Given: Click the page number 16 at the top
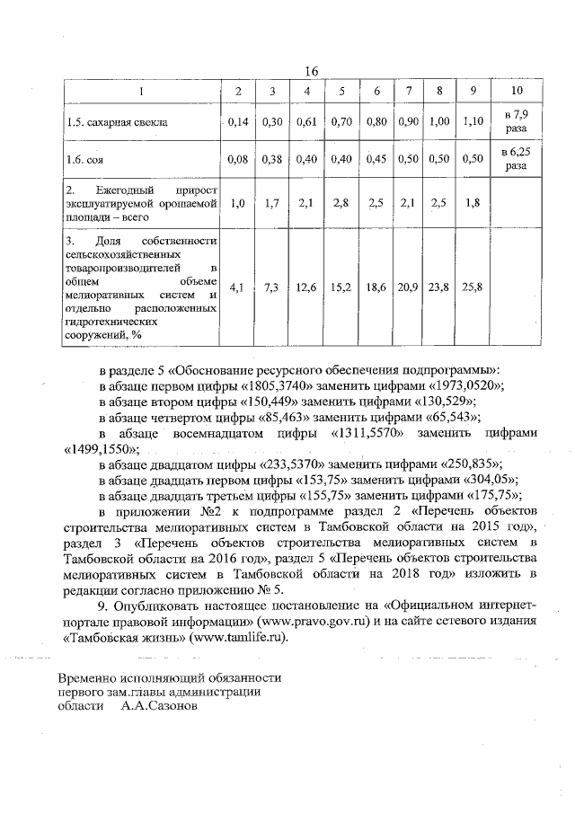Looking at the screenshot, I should (312, 72).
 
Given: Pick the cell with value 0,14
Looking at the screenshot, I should (237, 121).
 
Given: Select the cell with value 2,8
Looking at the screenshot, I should (341, 203).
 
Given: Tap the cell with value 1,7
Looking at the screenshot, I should (272, 203).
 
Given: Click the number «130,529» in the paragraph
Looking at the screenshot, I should (445, 402).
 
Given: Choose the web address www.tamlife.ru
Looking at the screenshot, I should (241, 637).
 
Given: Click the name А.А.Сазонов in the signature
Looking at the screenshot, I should (158, 707).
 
